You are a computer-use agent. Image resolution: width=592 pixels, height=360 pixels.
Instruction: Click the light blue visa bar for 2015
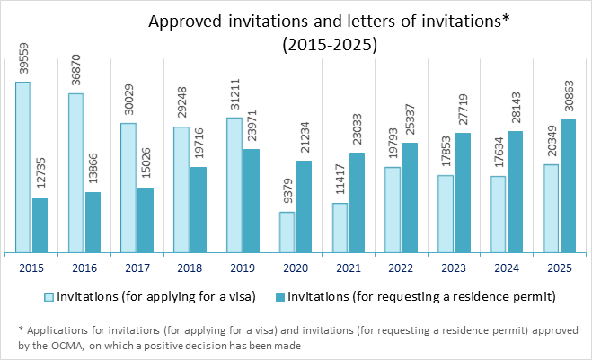tap(22, 167)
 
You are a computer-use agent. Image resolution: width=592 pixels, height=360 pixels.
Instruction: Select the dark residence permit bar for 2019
tap(251, 200)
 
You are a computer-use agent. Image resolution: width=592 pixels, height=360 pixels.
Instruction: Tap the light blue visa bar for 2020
tap(287, 232)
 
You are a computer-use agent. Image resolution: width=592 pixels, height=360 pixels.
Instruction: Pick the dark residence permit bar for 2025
tap(567, 186)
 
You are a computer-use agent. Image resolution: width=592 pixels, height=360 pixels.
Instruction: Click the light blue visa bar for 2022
tap(393, 209)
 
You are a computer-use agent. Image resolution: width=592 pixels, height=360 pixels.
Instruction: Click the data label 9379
tap(287, 194)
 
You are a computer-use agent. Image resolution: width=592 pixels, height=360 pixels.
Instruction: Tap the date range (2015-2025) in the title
tap(329, 42)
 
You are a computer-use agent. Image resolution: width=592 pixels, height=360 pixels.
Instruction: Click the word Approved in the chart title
tap(182, 21)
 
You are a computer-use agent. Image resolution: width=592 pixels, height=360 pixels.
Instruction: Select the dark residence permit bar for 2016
tap(93, 223)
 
